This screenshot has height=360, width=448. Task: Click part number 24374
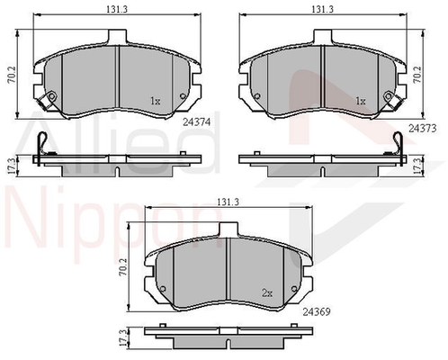tap(197, 121)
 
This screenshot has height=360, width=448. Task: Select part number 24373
tap(422, 129)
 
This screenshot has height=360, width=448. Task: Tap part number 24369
tap(317, 312)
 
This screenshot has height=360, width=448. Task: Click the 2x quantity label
tap(267, 292)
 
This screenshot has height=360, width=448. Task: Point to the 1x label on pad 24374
tap(155, 101)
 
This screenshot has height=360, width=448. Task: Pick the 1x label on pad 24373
tap(361, 101)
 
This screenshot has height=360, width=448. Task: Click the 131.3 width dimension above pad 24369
tap(228, 202)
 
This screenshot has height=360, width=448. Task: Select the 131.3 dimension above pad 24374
tap(117, 9)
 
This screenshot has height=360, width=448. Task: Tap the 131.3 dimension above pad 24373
tap(322, 9)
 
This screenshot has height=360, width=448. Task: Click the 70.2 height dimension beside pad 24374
tap(13, 75)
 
